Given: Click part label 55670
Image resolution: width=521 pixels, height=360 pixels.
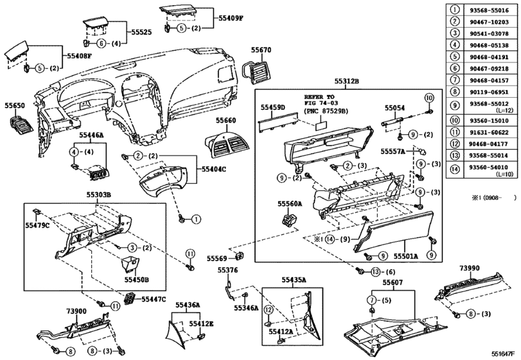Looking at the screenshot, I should click(x=261, y=50).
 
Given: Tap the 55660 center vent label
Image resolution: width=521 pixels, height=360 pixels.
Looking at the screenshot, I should click(x=225, y=121).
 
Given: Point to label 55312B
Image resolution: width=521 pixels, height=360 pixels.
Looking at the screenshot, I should click(x=346, y=82).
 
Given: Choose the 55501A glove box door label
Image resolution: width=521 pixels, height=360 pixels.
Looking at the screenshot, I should click(x=405, y=256).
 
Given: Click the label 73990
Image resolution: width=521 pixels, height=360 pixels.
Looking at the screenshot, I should click(x=470, y=267).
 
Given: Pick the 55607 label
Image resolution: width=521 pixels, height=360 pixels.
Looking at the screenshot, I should click(x=393, y=282).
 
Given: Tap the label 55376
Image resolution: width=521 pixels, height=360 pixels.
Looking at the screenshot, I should click(x=228, y=271).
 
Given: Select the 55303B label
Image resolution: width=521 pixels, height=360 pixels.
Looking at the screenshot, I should click(x=100, y=194).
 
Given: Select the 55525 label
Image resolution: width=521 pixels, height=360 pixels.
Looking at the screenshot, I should click(x=141, y=31).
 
